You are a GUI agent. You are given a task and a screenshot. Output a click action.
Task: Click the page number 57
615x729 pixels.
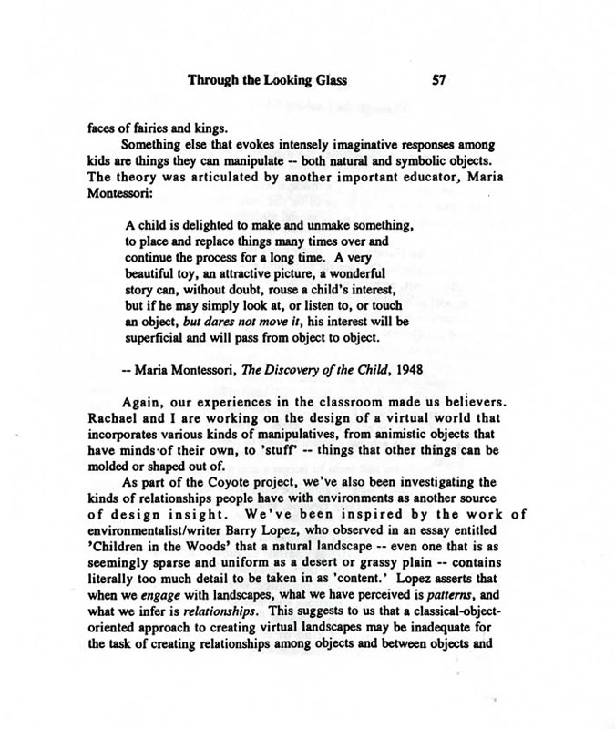pos(437,80)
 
